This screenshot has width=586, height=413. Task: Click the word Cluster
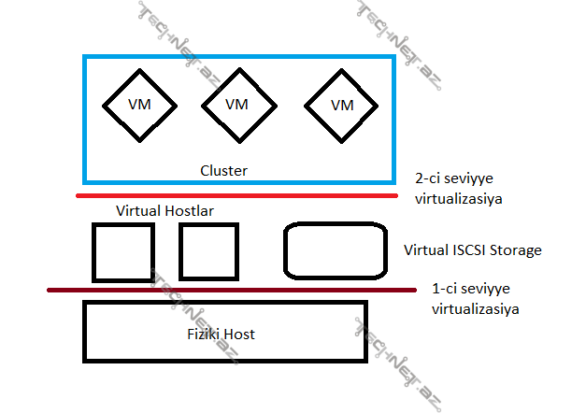[x=224, y=171]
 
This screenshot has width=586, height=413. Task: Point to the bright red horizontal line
[x=237, y=195]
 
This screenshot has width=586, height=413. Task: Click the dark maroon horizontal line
[x=232, y=290]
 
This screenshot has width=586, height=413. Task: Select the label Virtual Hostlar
[x=164, y=211]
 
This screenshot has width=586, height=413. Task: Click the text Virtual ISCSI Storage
[x=473, y=250]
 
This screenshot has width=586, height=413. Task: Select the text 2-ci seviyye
[x=454, y=178]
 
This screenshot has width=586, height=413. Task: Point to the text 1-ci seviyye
[x=471, y=289]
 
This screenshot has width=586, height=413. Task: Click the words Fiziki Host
[x=221, y=334]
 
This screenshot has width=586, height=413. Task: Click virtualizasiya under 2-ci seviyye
[x=459, y=198]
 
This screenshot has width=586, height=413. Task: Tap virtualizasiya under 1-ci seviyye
[x=476, y=309]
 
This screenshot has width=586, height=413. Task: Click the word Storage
[x=516, y=250]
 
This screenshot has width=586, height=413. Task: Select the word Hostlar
[x=189, y=211]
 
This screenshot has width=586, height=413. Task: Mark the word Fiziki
[x=204, y=334]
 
